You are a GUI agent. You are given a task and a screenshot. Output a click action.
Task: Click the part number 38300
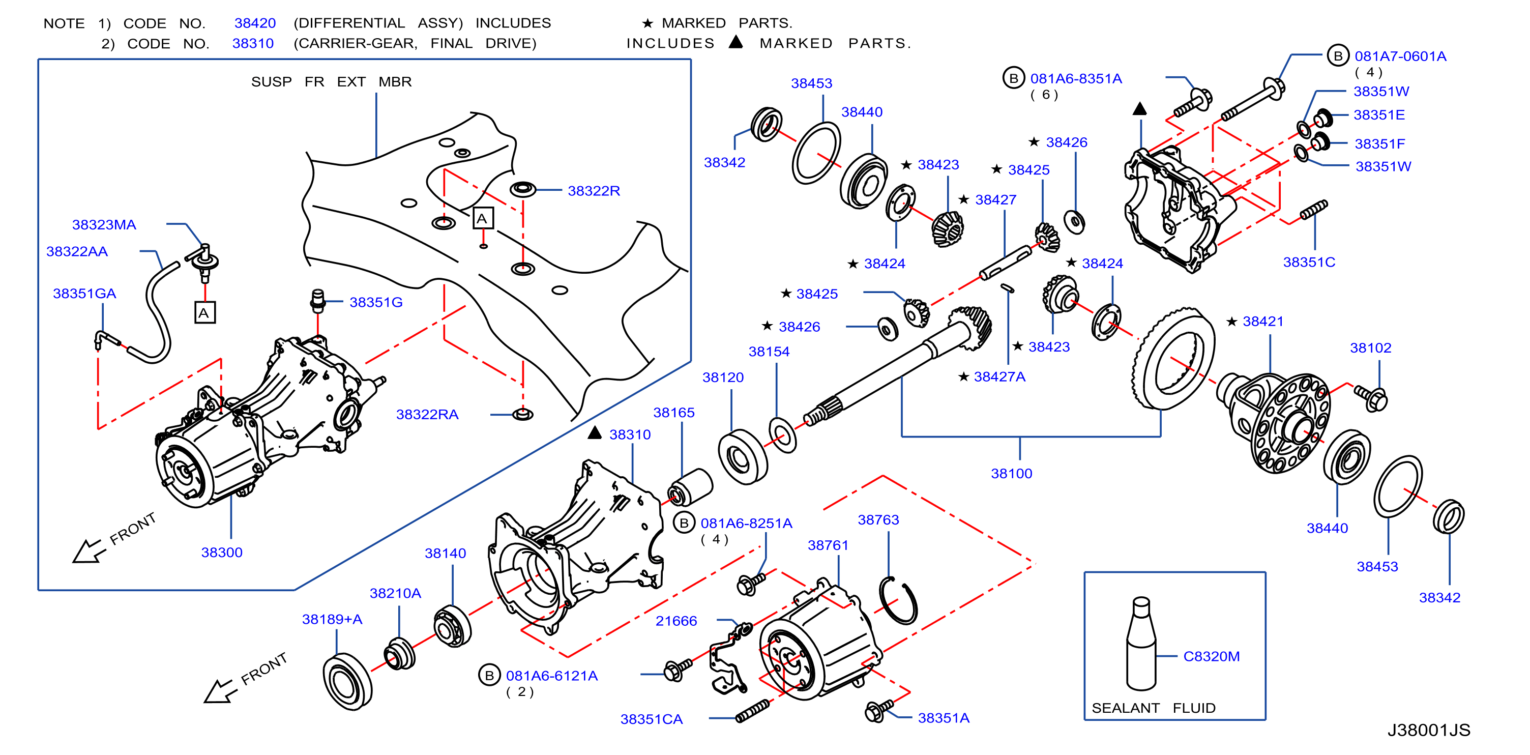(x=222, y=553)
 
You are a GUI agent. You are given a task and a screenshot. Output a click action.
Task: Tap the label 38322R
(x=594, y=191)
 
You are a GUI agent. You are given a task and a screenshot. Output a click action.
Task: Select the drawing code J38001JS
(x=1428, y=730)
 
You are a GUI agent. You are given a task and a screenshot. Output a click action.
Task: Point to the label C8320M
(x=1211, y=656)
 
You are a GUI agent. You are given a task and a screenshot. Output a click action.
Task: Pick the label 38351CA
(x=652, y=719)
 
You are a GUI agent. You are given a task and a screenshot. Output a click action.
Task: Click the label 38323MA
(x=104, y=224)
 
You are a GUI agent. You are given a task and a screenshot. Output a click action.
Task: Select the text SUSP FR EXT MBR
(x=332, y=81)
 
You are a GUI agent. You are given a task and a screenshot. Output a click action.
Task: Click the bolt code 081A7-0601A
(x=1400, y=56)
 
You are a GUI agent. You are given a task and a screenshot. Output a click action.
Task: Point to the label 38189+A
(x=332, y=619)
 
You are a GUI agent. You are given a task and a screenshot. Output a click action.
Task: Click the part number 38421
(x=1263, y=322)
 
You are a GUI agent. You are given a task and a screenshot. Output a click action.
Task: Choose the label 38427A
(x=999, y=376)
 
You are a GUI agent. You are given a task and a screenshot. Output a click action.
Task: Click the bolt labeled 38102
(x=1371, y=397)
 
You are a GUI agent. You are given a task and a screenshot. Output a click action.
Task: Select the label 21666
(x=676, y=621)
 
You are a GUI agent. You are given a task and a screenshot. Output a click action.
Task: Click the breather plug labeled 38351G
(x=318, y=301)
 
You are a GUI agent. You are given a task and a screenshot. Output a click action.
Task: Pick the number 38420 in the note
(x=255, y=23)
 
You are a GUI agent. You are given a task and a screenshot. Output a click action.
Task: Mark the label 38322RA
(x=427, y=414)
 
